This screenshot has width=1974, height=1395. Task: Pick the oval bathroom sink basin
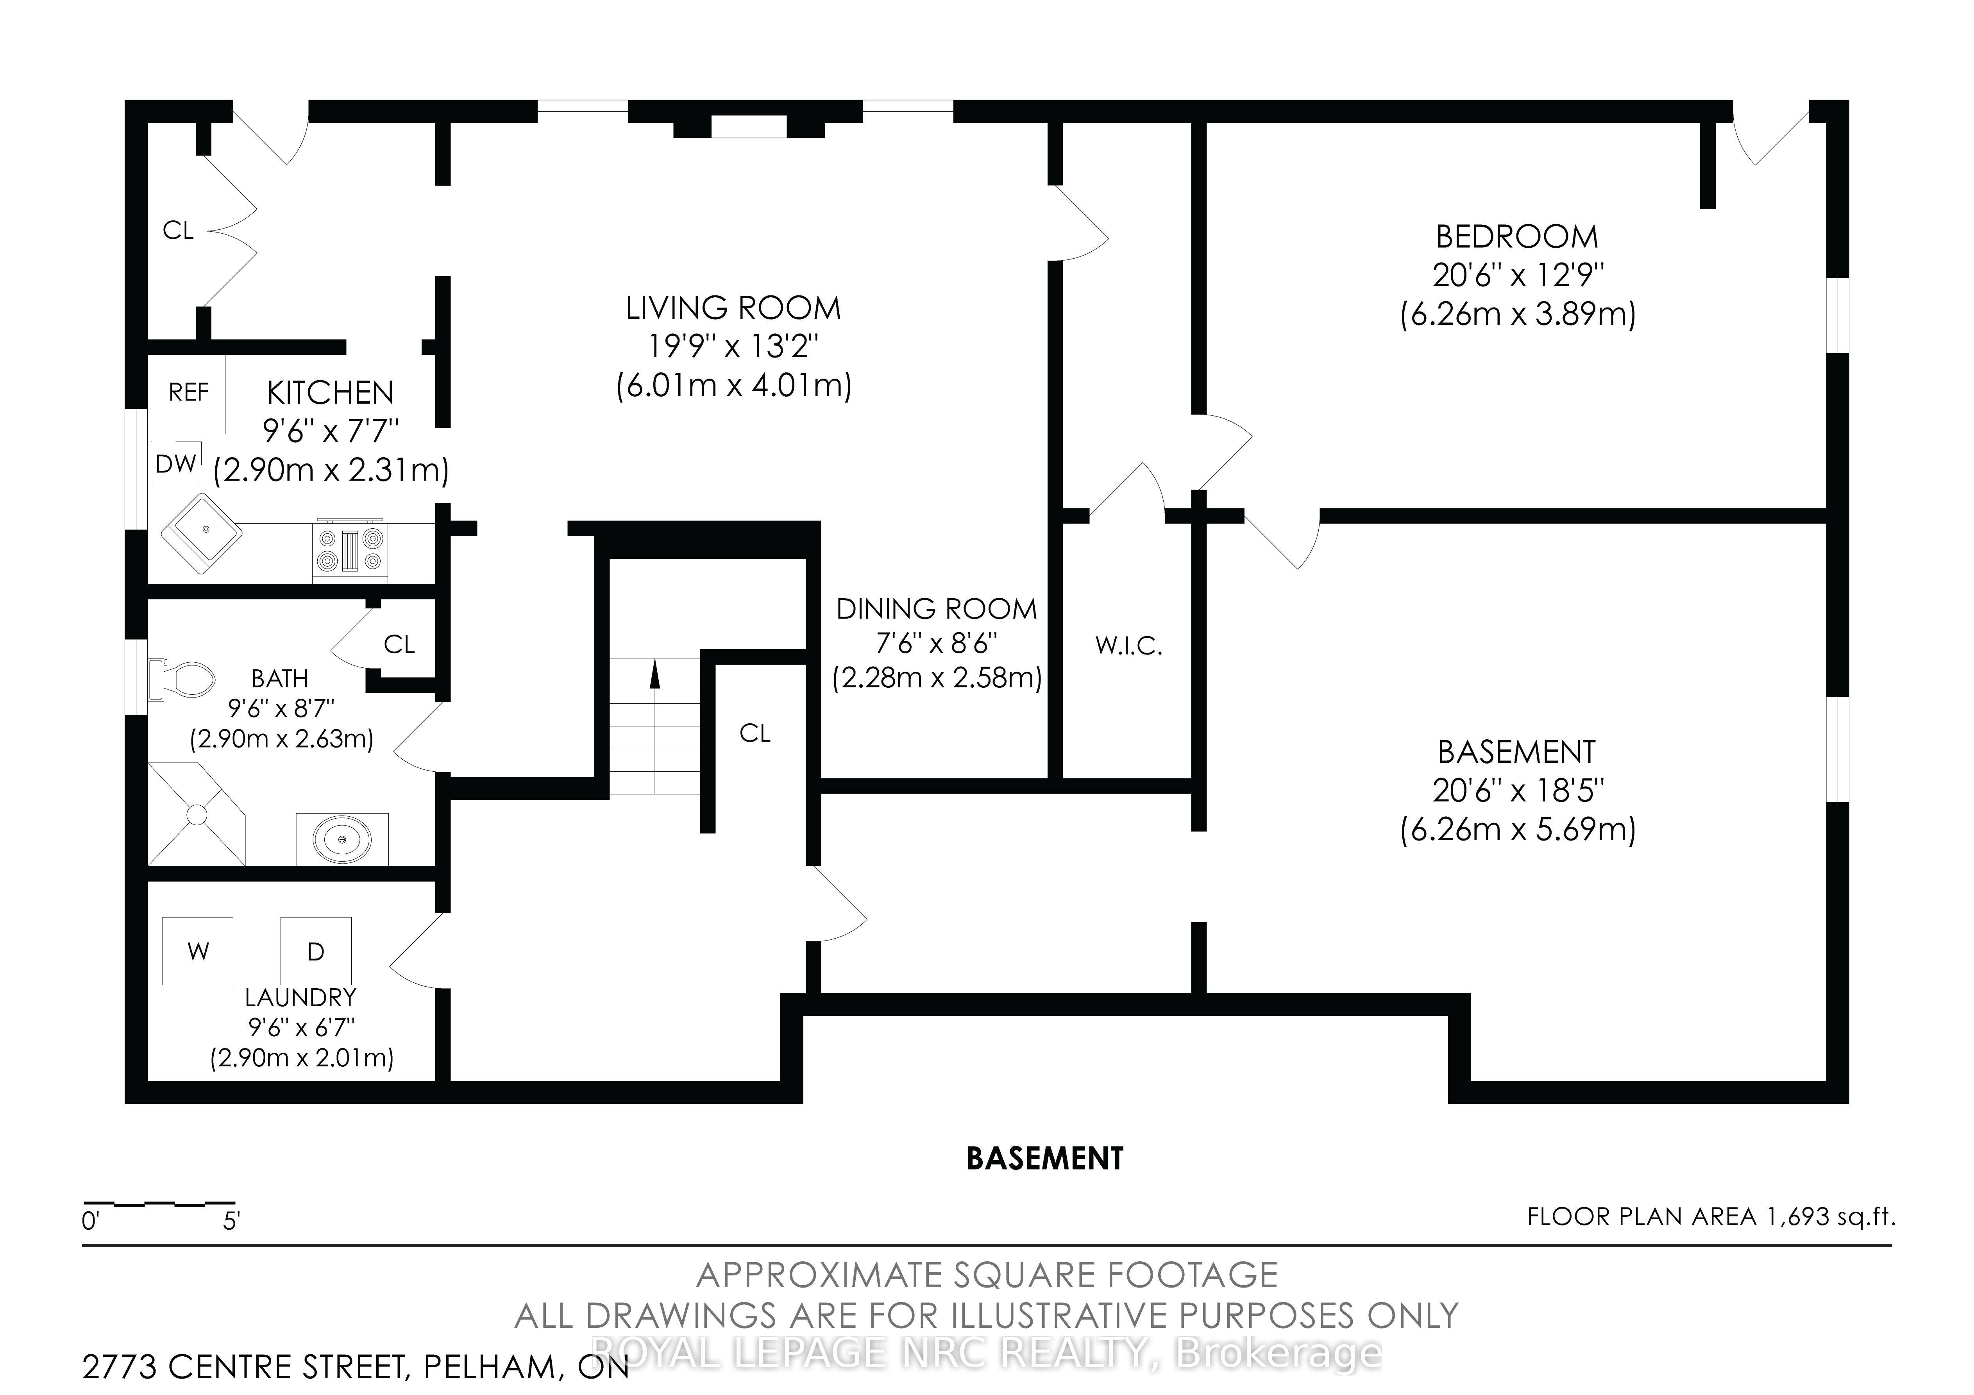pos(342,839)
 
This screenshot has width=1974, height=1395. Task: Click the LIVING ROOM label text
pos(733,308)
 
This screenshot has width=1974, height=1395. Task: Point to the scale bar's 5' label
pos(231,1221)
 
